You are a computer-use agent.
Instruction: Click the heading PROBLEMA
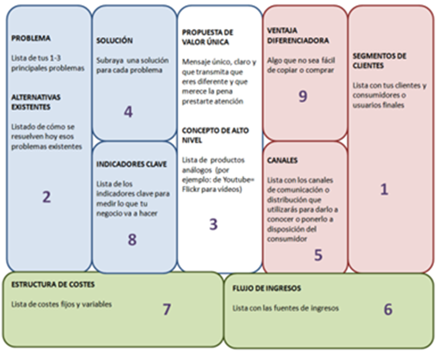(31, 38)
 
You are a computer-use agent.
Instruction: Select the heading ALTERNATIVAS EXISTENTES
(37, 101)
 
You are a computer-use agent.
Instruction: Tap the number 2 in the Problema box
(47, 197)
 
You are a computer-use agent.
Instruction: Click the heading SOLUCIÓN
(114, 40)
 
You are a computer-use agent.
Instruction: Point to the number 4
(128, 112)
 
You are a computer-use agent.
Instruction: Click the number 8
(132, 239)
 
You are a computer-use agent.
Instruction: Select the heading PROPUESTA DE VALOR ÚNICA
(208, 37)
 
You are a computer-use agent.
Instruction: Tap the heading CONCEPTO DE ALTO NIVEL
(215, 135)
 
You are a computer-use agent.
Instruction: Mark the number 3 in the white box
(213, 224)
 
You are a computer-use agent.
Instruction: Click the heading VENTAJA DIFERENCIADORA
(298, 35)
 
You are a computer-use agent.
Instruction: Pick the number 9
(303, 96)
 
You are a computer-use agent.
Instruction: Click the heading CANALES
(282, 161)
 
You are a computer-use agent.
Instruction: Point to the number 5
(318, 254)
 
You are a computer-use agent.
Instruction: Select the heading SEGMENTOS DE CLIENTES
(379, 60)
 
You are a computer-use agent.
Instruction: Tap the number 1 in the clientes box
(384, 190)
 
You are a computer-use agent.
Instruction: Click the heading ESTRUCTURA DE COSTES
(53, 284)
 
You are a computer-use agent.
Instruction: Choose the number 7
(167, 309)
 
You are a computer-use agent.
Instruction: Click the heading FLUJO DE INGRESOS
(267, 288)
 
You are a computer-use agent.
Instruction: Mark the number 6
(388, 309)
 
